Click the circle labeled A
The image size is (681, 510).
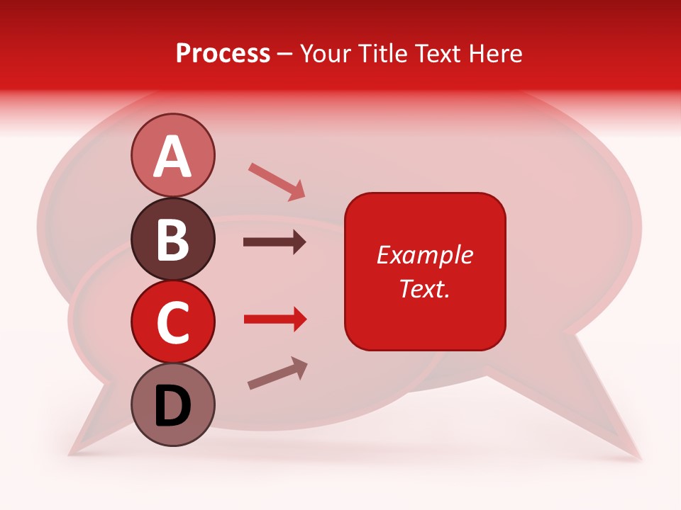[x=172, y=155]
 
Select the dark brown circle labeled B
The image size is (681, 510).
[x=172, y=239]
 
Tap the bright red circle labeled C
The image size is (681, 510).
[x=172, y=322]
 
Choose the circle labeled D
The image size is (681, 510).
[x=172, y=404]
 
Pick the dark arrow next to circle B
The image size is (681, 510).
[x=275, y=242]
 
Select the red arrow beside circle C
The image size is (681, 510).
[x=275, y=319]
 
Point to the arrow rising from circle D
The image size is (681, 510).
[x=277, y=373]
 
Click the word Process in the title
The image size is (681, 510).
[x=223, y=53]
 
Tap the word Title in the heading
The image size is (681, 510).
[x=377, y=53]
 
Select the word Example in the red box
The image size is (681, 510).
[x=424, y=255]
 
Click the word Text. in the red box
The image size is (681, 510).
[x=424, y=288]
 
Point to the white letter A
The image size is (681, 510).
[x=172, y=157]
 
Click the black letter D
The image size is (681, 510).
[x=172, y=406]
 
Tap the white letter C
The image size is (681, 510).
[x=172, y=323]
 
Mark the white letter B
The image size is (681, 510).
[x=172, y=240]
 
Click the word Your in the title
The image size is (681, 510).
[x=323, y=53]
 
